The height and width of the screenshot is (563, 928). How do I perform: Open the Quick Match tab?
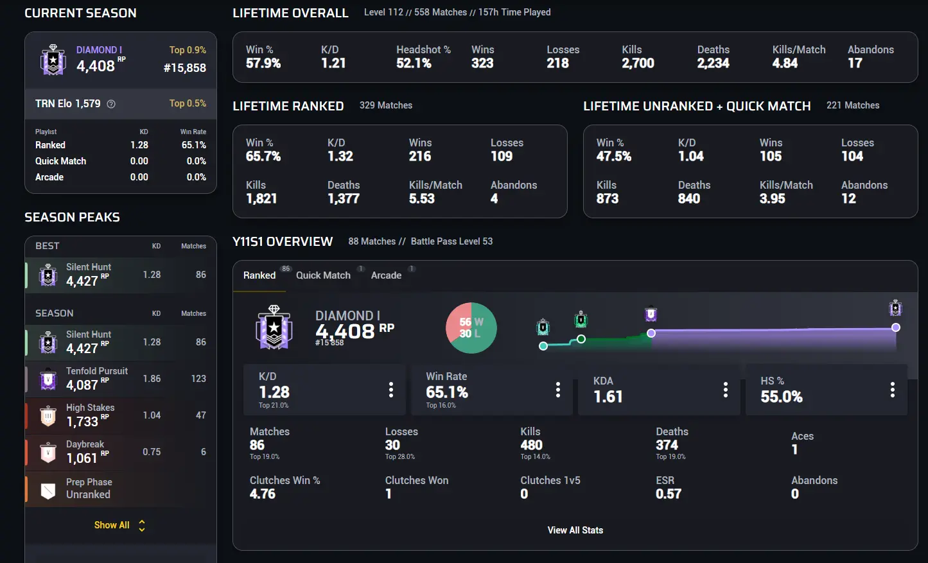(323, 275)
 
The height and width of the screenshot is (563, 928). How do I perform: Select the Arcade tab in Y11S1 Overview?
(386, 275)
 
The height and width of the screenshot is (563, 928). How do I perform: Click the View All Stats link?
(575, 530)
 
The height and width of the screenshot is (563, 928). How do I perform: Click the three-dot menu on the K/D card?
(390, 390)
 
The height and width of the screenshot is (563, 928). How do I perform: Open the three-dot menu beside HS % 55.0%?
(892, 390)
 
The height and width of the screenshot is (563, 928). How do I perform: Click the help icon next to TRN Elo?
(111, 104)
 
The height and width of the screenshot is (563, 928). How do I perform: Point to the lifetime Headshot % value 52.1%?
(414, 63)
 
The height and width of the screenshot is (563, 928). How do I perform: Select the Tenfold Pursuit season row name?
(97, 371)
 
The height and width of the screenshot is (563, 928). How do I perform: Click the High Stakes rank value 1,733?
(82, 422)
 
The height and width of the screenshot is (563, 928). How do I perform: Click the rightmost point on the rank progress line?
(896, 327)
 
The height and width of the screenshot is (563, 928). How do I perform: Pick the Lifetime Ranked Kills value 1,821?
(261, 198)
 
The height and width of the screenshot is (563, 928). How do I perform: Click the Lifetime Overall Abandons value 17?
(855, 63)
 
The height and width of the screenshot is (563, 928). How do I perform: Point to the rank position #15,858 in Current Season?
(184, 67)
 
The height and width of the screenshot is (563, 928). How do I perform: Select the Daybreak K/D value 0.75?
(152, 452)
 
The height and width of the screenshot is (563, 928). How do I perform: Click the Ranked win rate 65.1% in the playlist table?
(193, 145)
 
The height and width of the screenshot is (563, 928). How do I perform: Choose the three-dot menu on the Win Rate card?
(557, 390)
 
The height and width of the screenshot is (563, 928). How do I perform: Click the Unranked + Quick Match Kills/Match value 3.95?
(772, 198)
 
